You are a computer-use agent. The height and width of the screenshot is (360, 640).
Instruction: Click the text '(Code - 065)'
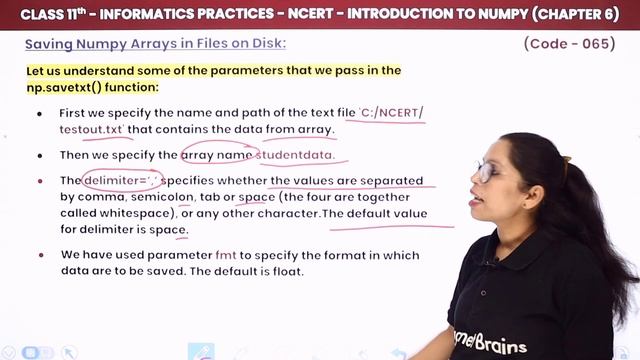[574, 43]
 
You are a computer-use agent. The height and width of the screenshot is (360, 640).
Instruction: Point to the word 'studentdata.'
[295, 155]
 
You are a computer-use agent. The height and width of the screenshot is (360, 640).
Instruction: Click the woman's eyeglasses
[487, 170]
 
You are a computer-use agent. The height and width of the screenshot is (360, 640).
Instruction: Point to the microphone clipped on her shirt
[492, 262]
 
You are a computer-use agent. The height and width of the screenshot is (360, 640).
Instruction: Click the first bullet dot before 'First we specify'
[40, 114]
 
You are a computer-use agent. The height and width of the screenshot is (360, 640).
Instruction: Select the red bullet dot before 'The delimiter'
[40, 181]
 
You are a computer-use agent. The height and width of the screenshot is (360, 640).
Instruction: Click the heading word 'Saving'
[49, 44]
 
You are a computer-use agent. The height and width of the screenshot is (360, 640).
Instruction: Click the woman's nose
[479, 183]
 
